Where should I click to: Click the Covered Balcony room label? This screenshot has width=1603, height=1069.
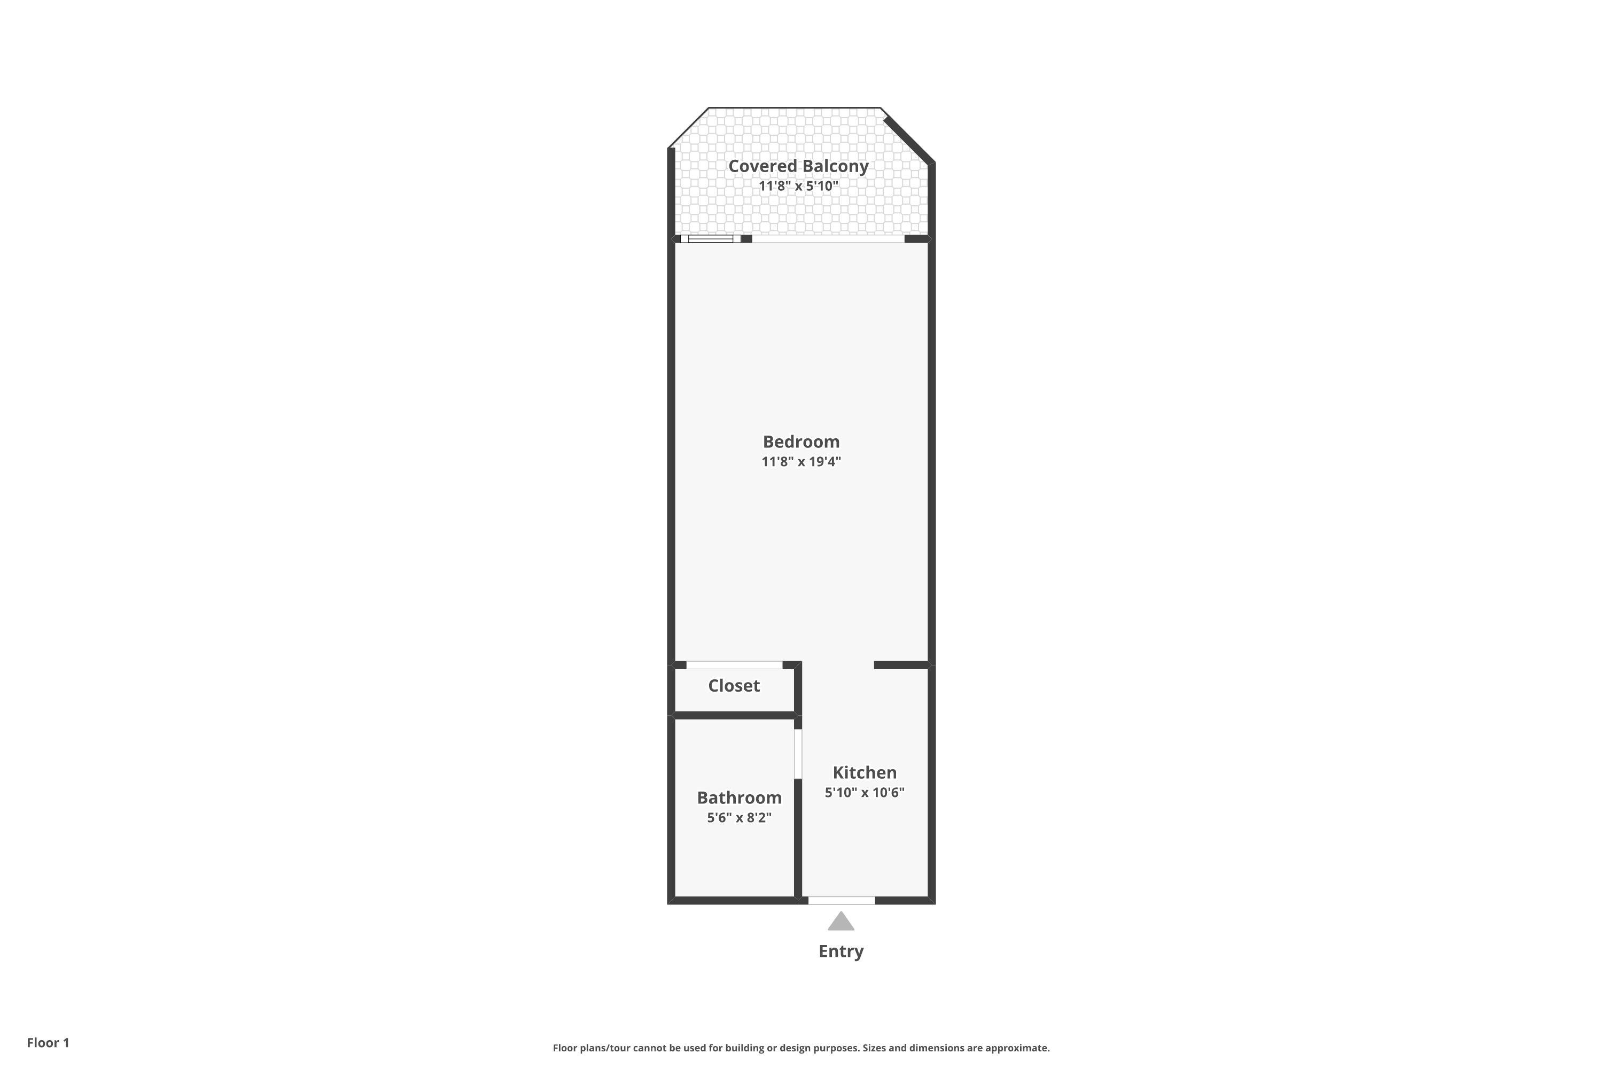point(798,166)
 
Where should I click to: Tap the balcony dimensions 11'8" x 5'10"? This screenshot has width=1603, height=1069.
point(799,186)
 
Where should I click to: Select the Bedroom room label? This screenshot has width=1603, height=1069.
point(801,442)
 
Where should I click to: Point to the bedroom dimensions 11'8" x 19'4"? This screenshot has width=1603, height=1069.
point(801,462)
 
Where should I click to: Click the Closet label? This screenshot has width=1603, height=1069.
point(734,686)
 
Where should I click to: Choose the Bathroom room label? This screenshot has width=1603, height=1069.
point(740,797)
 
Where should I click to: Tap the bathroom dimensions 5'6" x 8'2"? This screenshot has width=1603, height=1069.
point(740,817)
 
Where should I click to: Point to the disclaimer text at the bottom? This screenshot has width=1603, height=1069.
point(801,1048)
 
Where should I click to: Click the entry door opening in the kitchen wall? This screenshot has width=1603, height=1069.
point(842,901)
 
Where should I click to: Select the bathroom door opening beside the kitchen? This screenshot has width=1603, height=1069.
point(798,754)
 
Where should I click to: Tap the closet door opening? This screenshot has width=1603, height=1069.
point(734,665)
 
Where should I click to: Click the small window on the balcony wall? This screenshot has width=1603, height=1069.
point(711,238)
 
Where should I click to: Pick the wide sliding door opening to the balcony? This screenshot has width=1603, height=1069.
point(828,238)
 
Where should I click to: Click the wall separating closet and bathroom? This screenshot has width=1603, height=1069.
point(735,715)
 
